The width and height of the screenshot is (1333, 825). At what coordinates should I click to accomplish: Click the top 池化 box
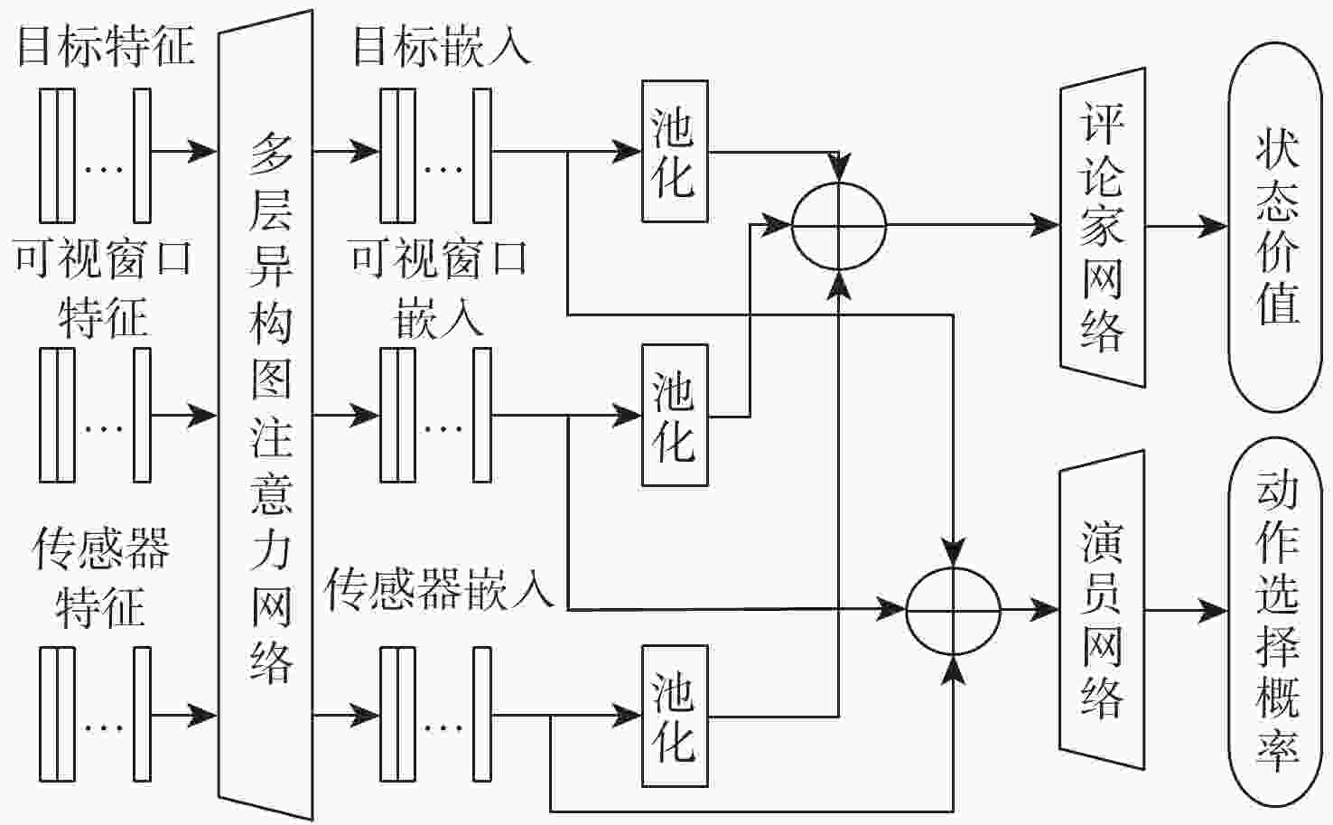(675, 152)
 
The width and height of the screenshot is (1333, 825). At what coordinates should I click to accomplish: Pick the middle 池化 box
(675, 416)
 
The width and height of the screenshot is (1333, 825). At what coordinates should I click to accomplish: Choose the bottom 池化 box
(675, 716)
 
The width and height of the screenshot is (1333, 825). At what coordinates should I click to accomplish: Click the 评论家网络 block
(1103, 226)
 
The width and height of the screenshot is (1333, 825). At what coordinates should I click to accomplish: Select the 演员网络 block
(1103, 611)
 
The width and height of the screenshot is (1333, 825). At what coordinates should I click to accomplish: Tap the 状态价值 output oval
(1275, 226)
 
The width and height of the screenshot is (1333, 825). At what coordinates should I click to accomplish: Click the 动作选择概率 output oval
(1275, 623)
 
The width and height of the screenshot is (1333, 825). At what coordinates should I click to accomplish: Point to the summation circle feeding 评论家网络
(839, 226)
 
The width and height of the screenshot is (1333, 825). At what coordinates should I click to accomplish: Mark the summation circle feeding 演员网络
(954, 611)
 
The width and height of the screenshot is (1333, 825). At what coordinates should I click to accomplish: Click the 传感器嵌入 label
(439, 589)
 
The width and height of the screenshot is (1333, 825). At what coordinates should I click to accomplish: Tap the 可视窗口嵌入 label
(439, 287)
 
